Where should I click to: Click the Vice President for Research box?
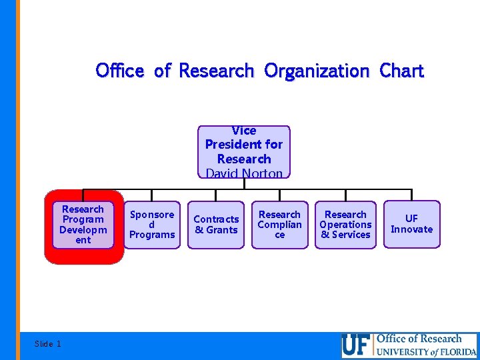[244, 151]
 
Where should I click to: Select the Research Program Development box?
[83, 225]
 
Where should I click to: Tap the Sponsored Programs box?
[152, 225]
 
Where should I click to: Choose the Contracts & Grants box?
[216, 225]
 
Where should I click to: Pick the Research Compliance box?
[279, 225]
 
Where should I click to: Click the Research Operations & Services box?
[345, 225]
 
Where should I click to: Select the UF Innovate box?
[411, 224]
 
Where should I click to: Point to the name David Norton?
[244, 173]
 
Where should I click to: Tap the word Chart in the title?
[401, 71]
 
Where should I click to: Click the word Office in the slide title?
[120, 71]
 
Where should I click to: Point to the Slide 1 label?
[47, 344]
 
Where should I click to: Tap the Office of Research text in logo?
[419, 339]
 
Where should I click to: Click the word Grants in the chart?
[222, 230]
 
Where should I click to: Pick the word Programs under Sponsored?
[152, 235]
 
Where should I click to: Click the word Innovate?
[411, 229]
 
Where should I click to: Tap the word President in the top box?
[244, 145]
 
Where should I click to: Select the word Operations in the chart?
[345, 225]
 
